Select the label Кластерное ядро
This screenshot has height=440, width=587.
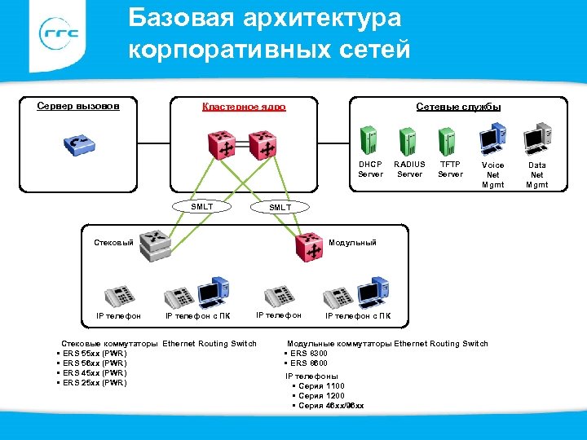244,107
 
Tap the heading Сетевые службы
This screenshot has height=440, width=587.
458,107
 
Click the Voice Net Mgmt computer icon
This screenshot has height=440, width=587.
492,138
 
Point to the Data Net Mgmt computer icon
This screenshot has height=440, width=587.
537,138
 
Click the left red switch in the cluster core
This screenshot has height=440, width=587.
222,145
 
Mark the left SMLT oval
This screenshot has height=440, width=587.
201,207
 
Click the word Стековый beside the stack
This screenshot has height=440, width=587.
113,243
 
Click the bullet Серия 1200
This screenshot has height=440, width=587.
321,395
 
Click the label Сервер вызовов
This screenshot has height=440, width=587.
78,106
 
